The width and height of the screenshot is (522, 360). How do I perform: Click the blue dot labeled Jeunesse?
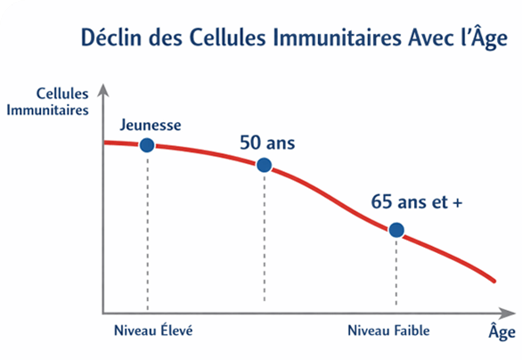[147, 145]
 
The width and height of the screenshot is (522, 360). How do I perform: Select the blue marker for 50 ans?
[265, 165]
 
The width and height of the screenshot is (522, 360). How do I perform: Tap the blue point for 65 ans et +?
[396, 230]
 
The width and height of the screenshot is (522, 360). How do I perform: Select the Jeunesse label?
[151, 125]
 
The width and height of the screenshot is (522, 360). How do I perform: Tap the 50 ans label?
[267, 143]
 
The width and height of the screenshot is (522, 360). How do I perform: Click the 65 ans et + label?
[417, 201]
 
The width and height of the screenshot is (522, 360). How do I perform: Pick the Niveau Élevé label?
[153, 331]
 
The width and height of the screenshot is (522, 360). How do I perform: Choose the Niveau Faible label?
[388, 331]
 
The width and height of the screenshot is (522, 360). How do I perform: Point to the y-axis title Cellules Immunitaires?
[47, 102]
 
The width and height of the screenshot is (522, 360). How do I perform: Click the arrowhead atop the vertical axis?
[103, 90]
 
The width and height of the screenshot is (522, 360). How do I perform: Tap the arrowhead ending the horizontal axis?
[508, 313]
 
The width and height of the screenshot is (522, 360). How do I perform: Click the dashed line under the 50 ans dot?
[265, 237]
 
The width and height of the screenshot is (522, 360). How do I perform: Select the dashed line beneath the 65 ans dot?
[396, 271]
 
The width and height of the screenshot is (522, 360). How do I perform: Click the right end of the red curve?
[494, 282]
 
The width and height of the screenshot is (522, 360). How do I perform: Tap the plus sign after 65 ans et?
[458, 202]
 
